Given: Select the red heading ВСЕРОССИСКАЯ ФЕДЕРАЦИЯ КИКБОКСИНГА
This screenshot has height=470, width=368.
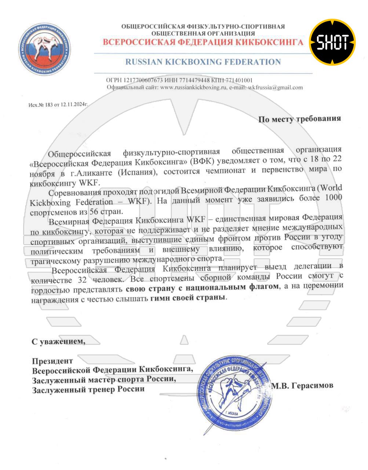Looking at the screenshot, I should (x=203, y=42).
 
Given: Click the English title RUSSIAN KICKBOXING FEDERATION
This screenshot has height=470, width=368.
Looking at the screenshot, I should (x=203, y=62).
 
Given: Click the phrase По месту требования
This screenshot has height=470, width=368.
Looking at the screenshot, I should (x=299, y=119).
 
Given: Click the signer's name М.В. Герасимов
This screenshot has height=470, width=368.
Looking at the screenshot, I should (x=302, y=385).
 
